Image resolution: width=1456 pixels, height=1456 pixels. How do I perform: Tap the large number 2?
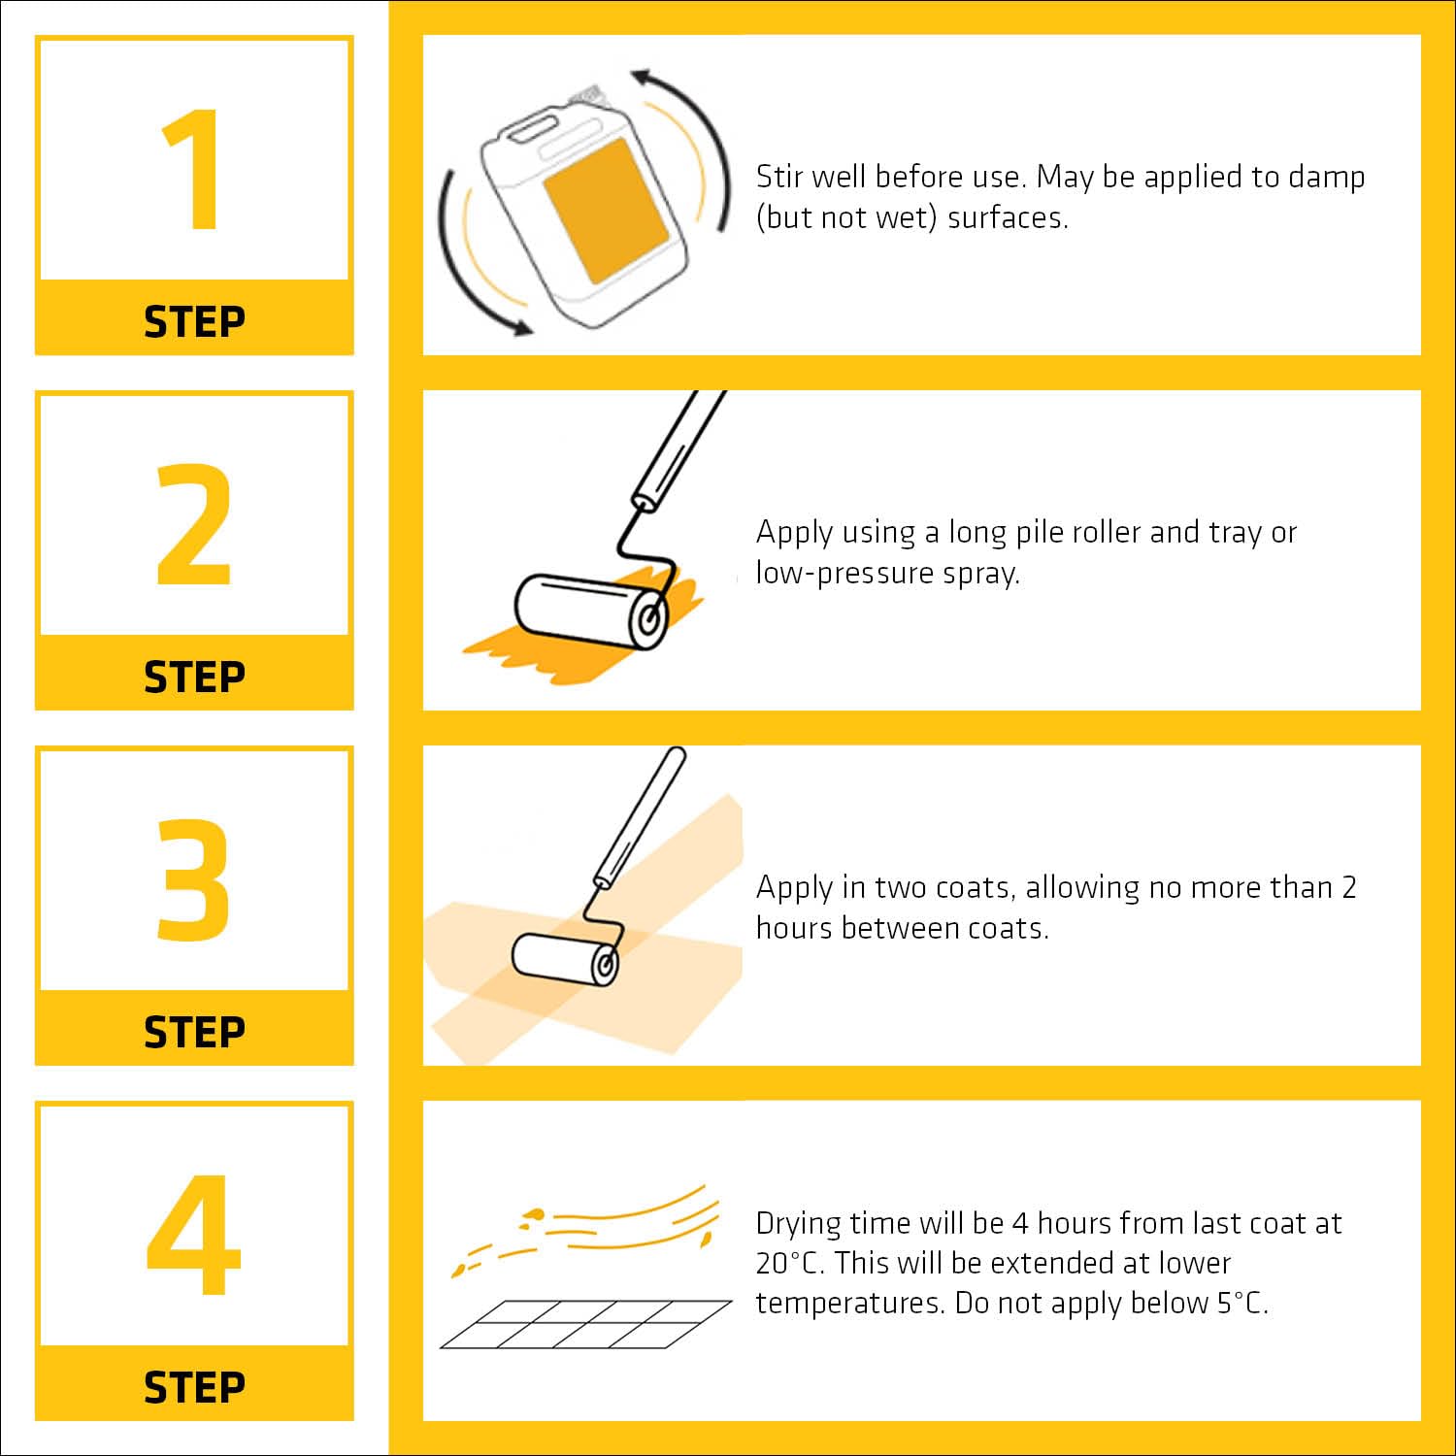tap(194, 524)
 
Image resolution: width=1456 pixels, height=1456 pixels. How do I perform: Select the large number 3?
tap(193, 879)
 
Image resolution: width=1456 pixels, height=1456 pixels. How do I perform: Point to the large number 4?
tap(193, 1235)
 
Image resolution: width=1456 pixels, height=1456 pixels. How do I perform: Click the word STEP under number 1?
tap(194, 321)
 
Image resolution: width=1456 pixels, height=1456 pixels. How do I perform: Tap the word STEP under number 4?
tap(194, 1387)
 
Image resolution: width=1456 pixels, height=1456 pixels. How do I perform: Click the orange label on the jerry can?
tap(606, 211)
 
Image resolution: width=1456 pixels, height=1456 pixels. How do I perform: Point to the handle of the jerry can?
tap(528, 127)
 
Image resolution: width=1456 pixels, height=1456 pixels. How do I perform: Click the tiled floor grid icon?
tap(586, 1324)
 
